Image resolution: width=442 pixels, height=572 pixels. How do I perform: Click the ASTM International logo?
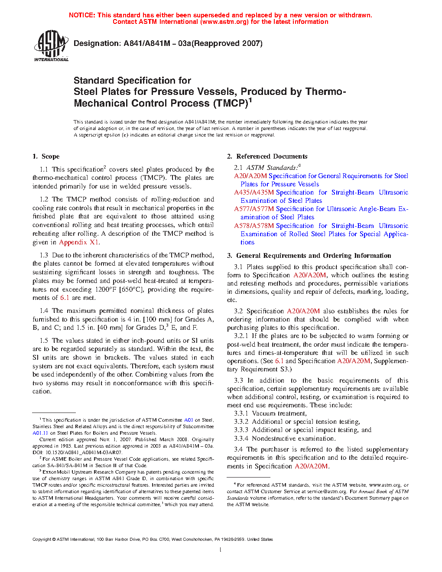pos(51,45)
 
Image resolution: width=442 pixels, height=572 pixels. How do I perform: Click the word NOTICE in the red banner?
pos(81,15)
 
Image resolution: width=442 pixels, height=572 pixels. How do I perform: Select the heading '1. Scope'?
pos(46,156)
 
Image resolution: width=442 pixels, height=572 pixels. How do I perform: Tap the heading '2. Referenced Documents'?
pos(267,156)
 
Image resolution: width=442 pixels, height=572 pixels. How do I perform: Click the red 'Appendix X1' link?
pos(79,242)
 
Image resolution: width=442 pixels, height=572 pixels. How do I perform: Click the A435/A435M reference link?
pos(254,192)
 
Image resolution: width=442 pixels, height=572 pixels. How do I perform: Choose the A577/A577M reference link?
pos(254,209)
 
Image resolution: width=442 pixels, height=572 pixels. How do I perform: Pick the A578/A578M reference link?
pos(254,226)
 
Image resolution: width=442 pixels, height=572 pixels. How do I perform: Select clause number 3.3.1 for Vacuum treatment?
pos(241,413)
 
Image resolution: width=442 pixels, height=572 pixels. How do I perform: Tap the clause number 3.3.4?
pos(241,439)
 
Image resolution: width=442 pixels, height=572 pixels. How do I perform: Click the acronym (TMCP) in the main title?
pos(230,104)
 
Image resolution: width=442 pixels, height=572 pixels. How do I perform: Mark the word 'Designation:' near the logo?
pos(97,43)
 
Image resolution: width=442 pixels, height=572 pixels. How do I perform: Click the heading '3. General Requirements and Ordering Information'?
pos(309,256)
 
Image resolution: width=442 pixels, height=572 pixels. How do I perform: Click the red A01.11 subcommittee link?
pos(40,433)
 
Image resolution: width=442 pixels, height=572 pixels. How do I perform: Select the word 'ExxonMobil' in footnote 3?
pos(56,472)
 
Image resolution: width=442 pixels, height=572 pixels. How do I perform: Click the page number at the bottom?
pos(221,550)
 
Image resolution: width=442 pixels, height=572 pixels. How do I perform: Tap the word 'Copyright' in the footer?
pos(42,539)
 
